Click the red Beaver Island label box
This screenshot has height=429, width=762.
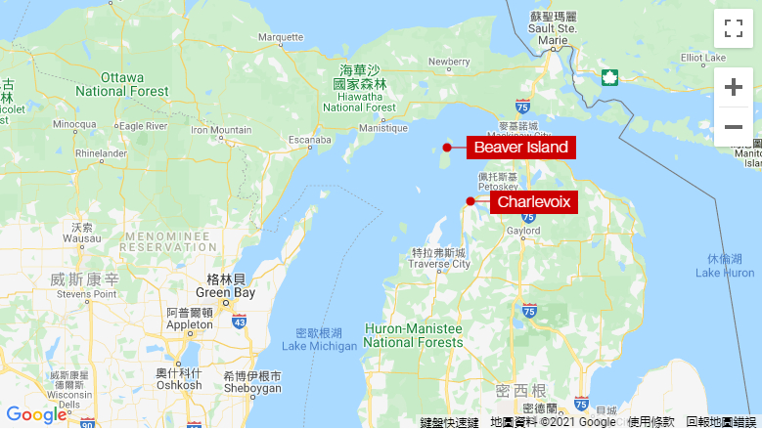(x=520, y=148)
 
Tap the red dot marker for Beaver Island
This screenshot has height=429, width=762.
(x=447, y=148)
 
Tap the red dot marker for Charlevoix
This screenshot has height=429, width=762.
(x=471, y=201)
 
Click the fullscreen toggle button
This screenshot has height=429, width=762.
(x=733, y=28)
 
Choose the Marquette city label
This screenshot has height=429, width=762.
(x=281, y=37)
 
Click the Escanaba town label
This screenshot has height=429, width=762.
(x=310, y=140)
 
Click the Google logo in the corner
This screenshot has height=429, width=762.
(x=36, y=414)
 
